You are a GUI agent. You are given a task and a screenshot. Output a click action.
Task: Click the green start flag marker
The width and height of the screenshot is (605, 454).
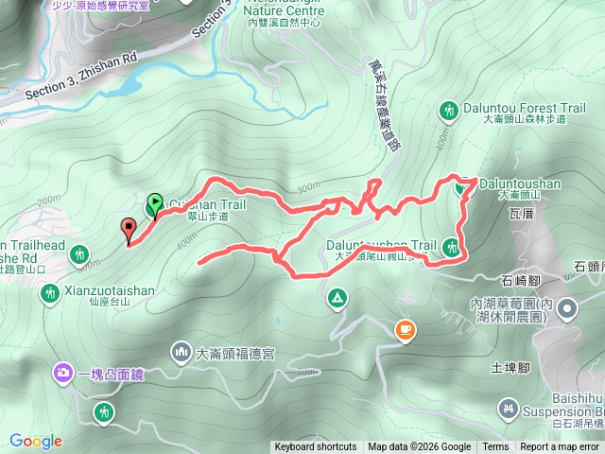(155, 202)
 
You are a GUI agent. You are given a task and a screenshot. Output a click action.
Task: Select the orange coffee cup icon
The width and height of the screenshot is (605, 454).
(405, 329)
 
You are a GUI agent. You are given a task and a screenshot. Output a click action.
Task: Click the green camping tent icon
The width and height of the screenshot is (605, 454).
(337, 300)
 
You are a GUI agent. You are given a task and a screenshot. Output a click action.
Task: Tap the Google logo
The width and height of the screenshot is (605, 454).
(36, 441)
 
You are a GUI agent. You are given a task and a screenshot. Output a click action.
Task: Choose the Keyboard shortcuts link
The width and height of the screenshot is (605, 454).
(316, 447)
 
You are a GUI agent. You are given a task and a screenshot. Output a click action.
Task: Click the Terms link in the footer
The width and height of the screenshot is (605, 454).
(495, 447)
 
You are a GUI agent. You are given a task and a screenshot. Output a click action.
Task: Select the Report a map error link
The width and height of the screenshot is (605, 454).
(561, 447)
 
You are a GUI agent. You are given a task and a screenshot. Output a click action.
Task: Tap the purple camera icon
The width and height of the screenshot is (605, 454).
(63, 373)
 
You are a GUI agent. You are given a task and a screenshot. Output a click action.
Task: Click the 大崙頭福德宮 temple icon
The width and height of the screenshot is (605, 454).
(181, 354)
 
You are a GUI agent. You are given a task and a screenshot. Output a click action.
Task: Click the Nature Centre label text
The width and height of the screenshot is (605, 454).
(285, 11)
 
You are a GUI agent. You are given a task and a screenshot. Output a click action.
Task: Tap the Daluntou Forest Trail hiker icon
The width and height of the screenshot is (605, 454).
(448, 112)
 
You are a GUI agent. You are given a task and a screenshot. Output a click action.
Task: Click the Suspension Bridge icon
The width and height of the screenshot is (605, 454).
(509, 409)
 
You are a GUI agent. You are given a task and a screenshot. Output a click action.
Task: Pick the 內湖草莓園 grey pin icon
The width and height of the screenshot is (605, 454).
(566, 307)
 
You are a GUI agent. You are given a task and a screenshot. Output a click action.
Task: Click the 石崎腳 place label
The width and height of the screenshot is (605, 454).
(521, 281)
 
